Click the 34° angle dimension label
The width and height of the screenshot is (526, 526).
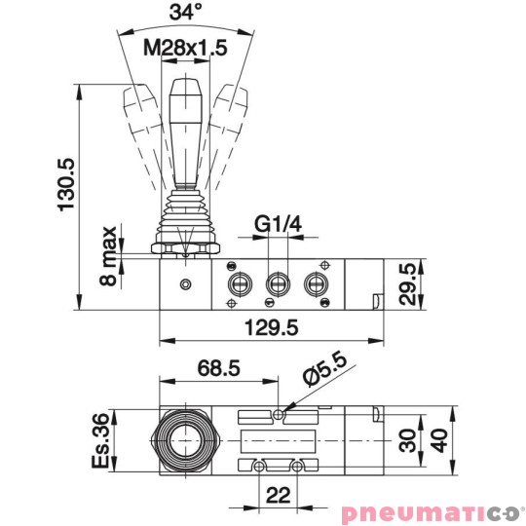click(185, 14)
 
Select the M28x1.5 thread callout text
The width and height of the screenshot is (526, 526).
click(185, 47)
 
